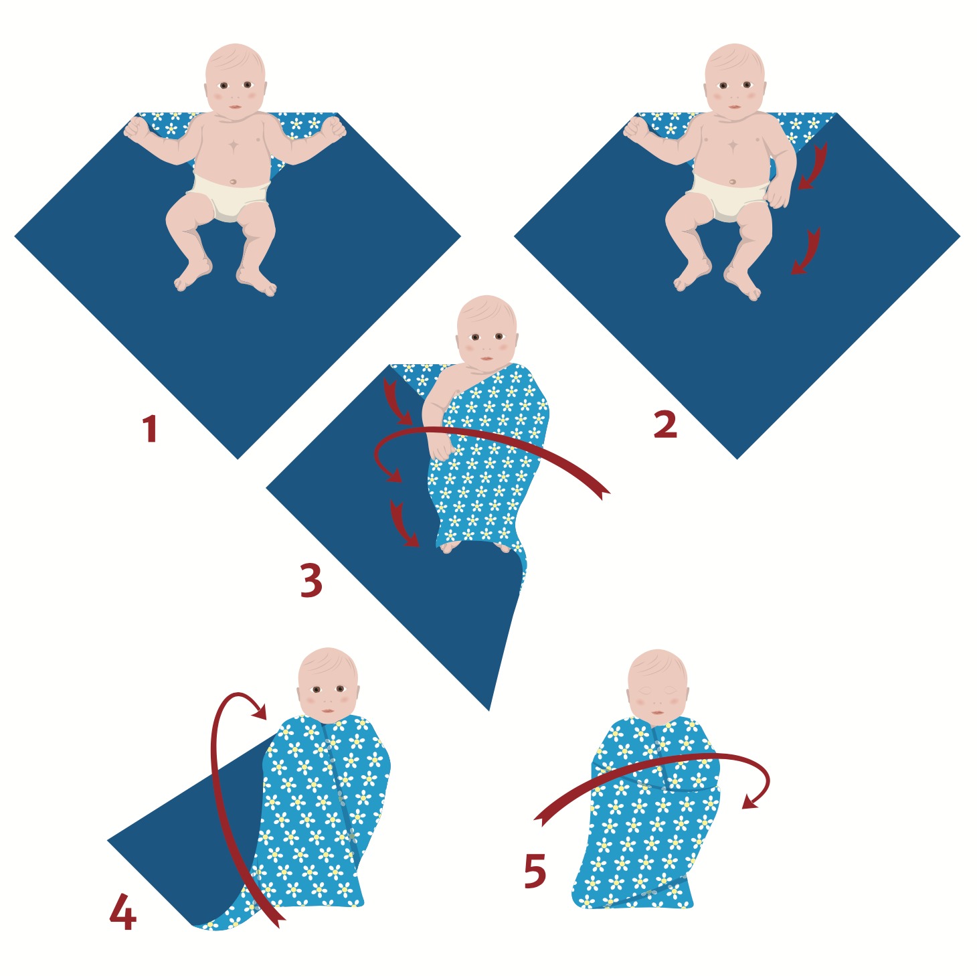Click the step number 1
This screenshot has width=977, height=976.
[150, 428]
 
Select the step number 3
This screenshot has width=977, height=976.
[310, 581]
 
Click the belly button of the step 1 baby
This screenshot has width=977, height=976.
[232, 181]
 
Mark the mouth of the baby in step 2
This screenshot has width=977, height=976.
[735, 107]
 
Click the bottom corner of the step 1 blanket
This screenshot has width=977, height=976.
[238, 459]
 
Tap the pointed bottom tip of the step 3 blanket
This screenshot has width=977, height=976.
[489, 711]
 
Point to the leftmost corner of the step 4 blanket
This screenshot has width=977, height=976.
[108, 841]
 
